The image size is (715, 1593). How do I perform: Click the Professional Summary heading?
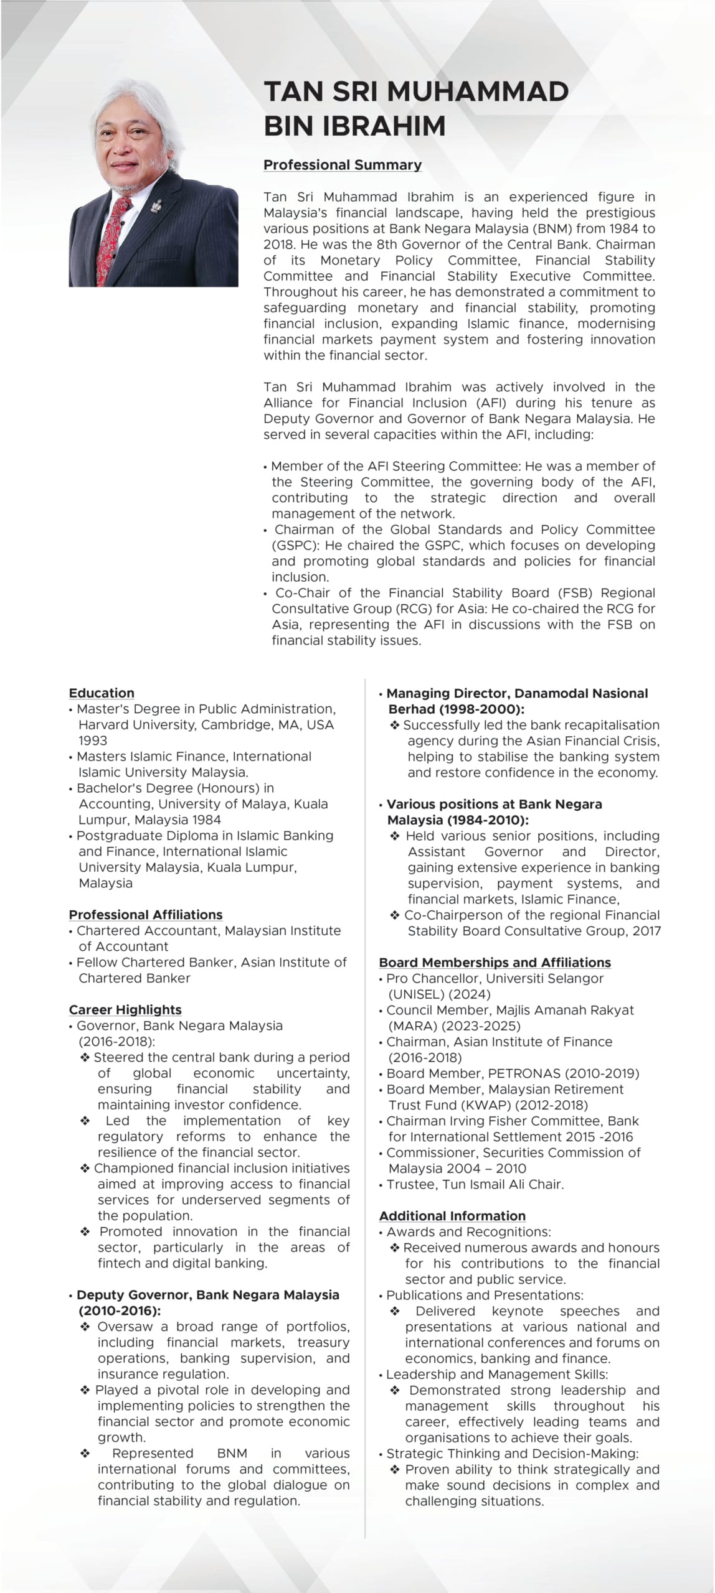pos(342,165)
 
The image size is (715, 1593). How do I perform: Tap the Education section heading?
pos(102,693)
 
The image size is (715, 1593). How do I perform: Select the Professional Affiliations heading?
pos(146,915)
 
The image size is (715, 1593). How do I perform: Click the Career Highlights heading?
pos(125,1010)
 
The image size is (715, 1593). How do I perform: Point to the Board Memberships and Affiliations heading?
pos(495,963)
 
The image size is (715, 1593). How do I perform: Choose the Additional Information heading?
pos(452,1216)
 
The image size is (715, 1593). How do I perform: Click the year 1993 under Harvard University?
pos(93,740)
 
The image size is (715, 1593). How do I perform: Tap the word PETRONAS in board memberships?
pos(524,1073)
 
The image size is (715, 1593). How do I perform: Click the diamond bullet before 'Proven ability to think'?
pos(395,1470)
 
